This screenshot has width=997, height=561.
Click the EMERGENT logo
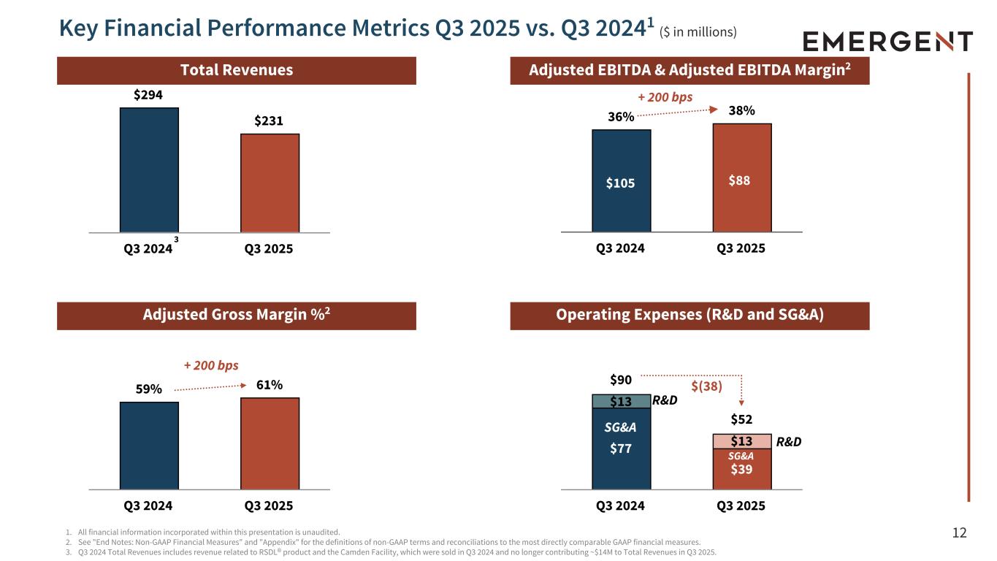click(x=887, y=42)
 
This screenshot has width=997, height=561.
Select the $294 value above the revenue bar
click(x=148, y=95)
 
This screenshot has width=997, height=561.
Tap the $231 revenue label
click(x=270, y=121)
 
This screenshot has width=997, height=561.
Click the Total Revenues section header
click(x=236, y=70)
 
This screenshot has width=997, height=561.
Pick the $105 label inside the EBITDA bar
click(x=621, y=183)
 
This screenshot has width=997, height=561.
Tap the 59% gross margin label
click(x=148, y=389)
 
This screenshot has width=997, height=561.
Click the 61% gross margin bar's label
click(x=270, y=385)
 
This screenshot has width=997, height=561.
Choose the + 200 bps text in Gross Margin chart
click(x=210, y=365)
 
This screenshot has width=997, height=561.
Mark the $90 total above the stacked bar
click(x=621, y=380)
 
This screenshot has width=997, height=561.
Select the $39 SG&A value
click(x=742, y=469)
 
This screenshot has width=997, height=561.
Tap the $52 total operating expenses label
click(x=742, y=420)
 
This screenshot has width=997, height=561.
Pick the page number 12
click(x=959, y=533)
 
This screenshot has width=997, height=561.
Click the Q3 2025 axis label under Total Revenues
click(x=270, y=249)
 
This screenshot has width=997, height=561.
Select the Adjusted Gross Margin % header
click(x=236, y=316)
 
